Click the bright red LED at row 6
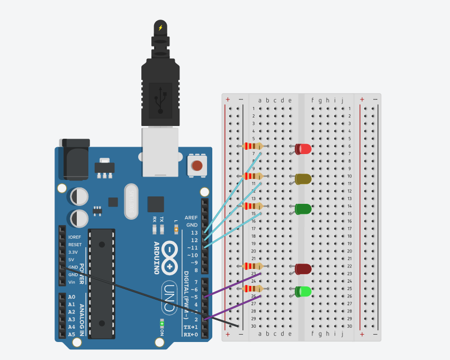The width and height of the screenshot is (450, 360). pyautogui.click(x=304, y=149)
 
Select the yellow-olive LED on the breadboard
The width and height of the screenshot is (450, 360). pyautogui.click(x=303, y=179)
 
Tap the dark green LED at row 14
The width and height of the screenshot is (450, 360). pyautogui.click(x=303, y=209)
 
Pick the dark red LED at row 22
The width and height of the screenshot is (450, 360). pyautogui.click(x=303, y=269)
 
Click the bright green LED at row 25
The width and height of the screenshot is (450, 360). pyautogui.click(x=303, y=291)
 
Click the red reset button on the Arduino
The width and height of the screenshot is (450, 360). pyautogui.click(x=197, y=165)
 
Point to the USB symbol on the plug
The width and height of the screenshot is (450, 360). pyautogui.click(x=160, y=99)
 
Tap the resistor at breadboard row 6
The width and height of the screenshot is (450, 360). pyautogui.click(x=253, y=146)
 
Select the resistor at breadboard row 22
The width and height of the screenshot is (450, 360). pyautogui.click(x=253, y=266)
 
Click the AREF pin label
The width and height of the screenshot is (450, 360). pyautogui.click(x=191, y=218)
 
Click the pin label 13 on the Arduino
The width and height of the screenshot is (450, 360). pyautogui.click(x=194, y=232)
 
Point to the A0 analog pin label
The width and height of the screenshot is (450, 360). pyautogui.click(x=72, y=297)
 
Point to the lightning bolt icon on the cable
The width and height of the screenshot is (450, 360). pyautogui.click(x=160, y=28)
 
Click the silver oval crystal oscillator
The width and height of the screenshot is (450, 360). pyautogui.click(x=131, y=201)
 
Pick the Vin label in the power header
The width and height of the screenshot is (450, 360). pyautogui.click(x=72, y=282)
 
